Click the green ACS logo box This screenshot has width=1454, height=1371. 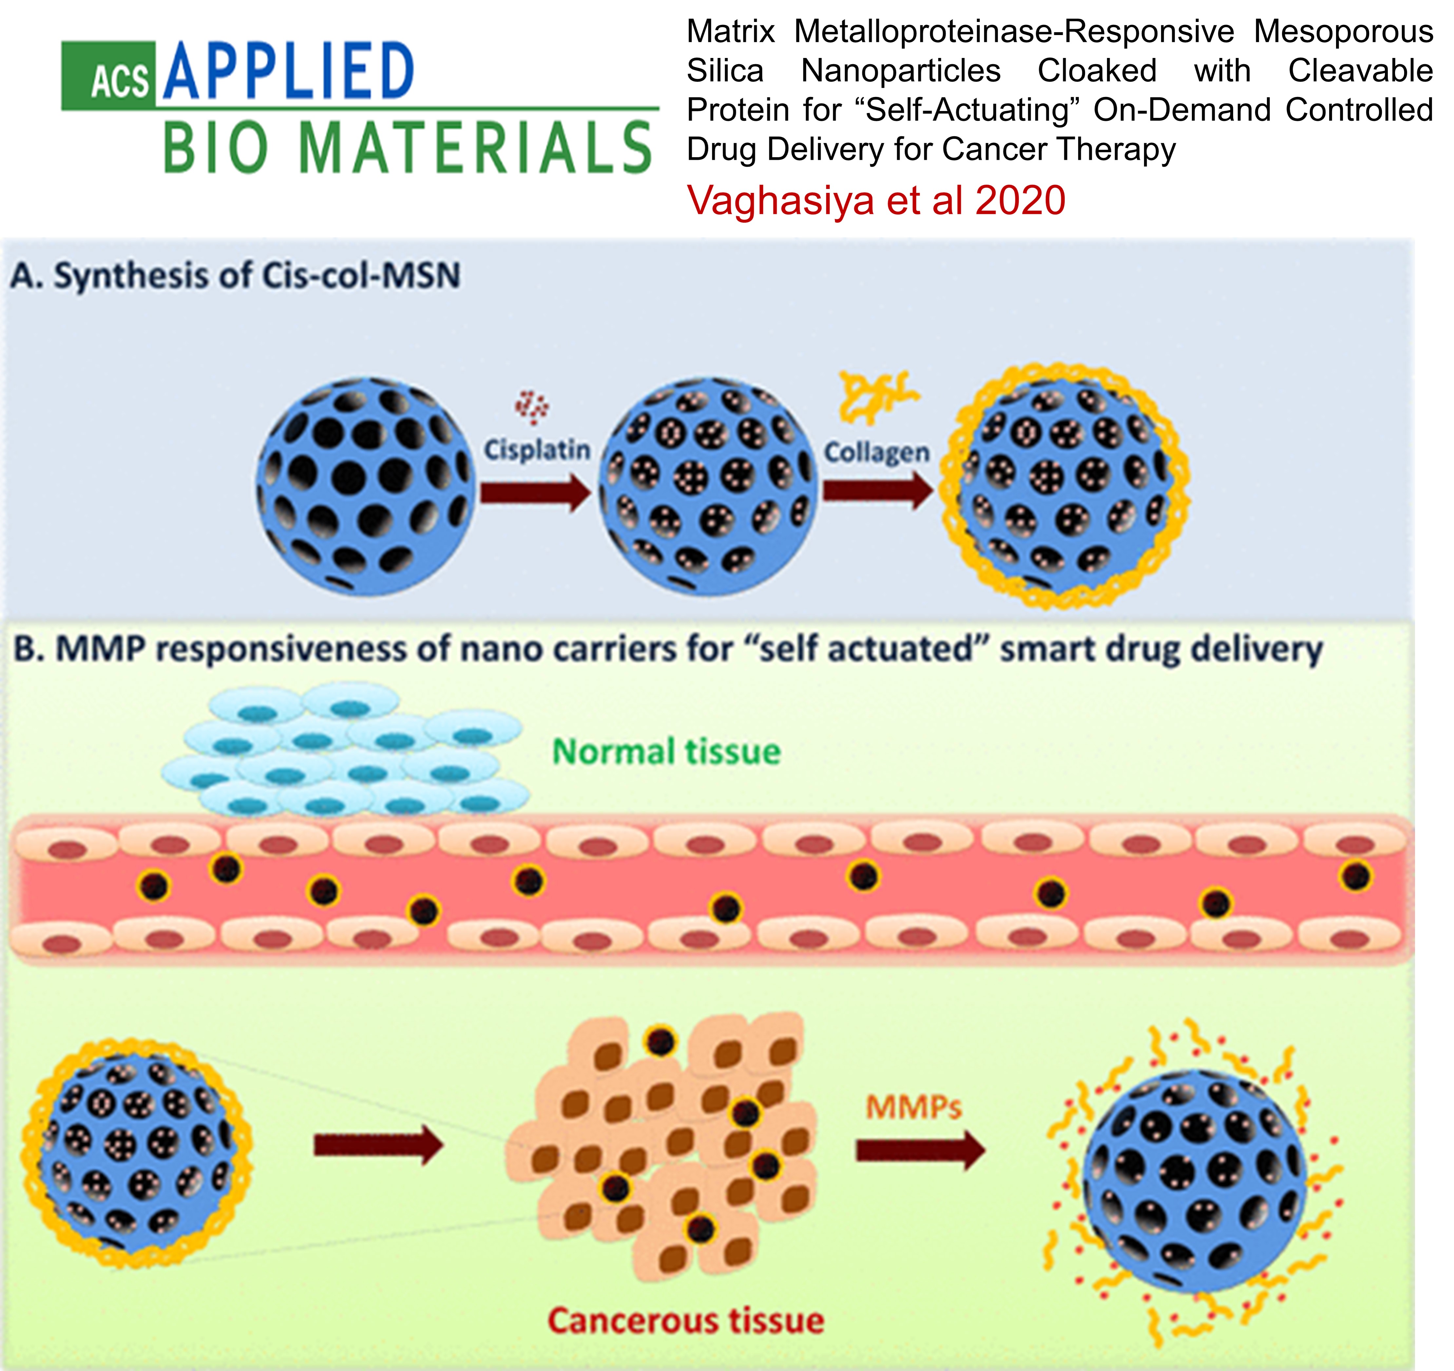(108, 76)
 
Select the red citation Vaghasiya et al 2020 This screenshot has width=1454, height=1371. (875, 200)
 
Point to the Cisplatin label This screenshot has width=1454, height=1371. (537, 449)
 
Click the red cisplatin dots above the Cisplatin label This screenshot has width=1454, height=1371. (532, 406)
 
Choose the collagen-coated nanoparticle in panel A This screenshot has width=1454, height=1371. (1065, 486)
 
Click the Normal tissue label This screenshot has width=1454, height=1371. (666, 752)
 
